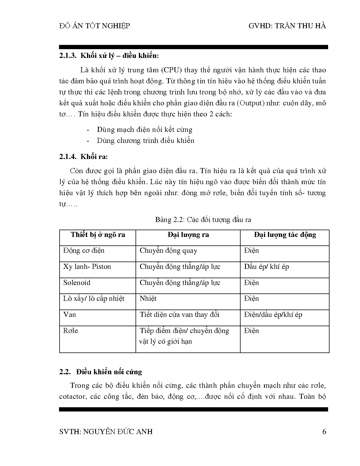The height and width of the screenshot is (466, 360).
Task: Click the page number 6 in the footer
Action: point(324,432)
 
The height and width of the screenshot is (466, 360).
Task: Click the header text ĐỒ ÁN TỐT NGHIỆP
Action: point(95,26)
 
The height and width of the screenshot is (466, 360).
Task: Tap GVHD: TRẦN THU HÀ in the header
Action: point(287,26)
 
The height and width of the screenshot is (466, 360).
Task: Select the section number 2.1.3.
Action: point(68,56)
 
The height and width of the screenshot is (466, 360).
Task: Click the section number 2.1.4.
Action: point(68,157)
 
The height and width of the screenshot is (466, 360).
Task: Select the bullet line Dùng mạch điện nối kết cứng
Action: point(145,130)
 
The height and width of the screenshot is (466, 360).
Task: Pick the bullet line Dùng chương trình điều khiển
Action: point(145,141)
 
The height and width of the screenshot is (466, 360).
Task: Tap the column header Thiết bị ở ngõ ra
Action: point(98,235)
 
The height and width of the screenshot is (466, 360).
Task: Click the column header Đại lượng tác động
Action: point(285,235)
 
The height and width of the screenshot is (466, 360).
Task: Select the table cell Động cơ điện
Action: point(84,251)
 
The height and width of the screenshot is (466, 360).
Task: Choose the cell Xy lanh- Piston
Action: point(87,267)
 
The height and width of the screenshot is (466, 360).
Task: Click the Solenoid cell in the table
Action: point(77,283)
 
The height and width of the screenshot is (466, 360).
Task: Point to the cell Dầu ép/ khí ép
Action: point(266,267)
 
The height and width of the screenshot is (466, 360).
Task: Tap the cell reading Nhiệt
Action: point(148,299)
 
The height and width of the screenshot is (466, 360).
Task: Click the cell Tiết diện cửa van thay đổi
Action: point(179,315)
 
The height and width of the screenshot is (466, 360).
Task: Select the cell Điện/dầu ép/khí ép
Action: point(273,315)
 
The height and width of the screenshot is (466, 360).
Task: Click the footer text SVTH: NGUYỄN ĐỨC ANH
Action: point(106,432)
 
